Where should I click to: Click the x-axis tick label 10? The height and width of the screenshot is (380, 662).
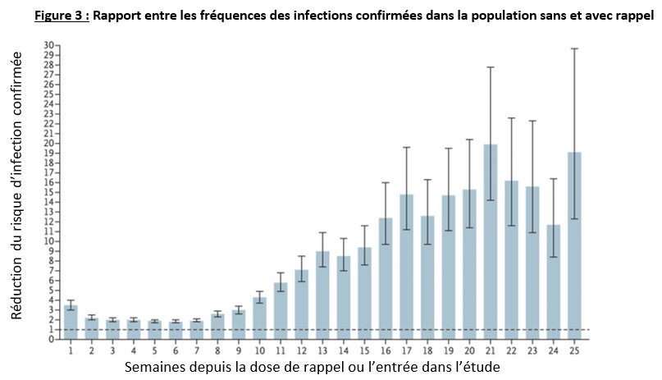coord(259,350)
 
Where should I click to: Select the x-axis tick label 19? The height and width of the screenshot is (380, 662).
coord(449,350)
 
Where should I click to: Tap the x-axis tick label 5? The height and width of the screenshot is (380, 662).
coord(155,350)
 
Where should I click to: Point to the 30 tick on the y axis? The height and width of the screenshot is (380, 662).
coord(50,45)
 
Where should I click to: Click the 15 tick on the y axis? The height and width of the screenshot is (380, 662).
coord(50,192)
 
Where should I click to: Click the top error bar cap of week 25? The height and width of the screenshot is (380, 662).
coord(575,48)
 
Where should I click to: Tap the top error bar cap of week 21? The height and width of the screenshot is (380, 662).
coord(491,66)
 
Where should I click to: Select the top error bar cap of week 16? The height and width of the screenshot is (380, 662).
coord(386,182)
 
